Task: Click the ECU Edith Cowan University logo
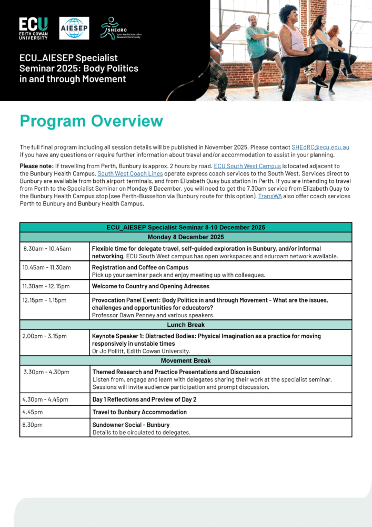pos(34,28)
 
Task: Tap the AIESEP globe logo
pos(74,28)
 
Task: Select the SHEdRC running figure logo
pos(122,28)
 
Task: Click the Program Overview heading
pos(91,121)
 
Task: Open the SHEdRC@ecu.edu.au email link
pos(320,148)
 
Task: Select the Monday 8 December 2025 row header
pos(186,237)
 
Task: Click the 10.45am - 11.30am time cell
pos(47,267)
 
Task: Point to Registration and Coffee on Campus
pos(140,267)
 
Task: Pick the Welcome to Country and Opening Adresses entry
pos(150,286)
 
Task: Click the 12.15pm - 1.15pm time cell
pos(45,300)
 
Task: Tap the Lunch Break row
pos(186,325)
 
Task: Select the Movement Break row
pos(186,360)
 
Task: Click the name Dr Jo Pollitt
pos(109,351)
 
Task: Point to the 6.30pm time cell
pos(33,425)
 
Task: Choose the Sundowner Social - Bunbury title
pos(130,425)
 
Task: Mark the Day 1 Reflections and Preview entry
pos(144,399)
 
